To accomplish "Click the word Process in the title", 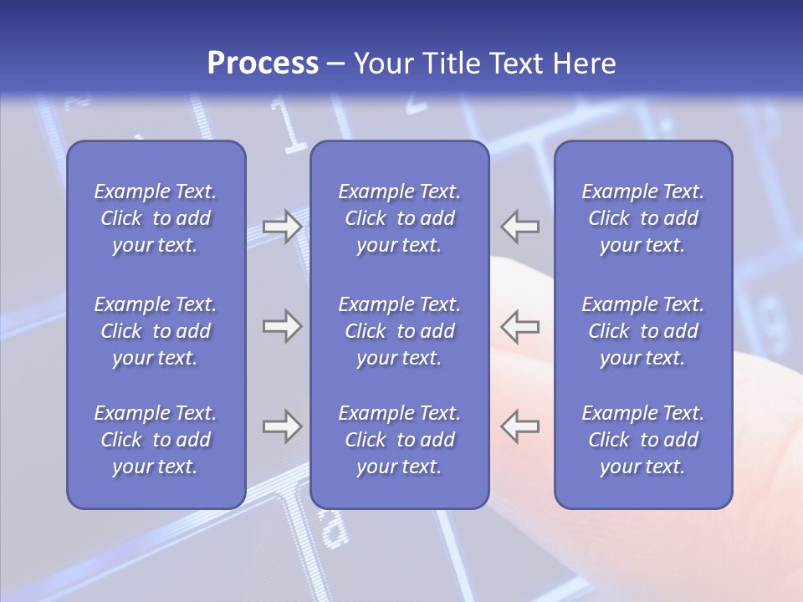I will (x=263, y=64).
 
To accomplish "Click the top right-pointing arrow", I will (x=282, y=227).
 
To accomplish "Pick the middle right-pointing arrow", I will (x=282, y=326).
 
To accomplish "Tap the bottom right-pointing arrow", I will (x=282, y=426).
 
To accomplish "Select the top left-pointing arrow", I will (x=520, y=227).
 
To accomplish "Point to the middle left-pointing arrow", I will (x=520, y=326).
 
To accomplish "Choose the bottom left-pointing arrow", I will (x=520, y=426).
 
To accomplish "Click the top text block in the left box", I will (x=156, y=218).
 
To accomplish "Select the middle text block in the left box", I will (x=156, y=331).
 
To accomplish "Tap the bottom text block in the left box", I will (x=156, y=440).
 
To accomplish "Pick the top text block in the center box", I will (x=399, y=218).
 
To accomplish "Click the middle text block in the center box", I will (x=399, y=331).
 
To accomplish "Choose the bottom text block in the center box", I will (x=399, y=440).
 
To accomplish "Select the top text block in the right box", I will (x=642, y=218).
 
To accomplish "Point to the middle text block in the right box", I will (x=642, y=331).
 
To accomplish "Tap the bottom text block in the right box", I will (x=642, y=440).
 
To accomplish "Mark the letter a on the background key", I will (x=333, y=528).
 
